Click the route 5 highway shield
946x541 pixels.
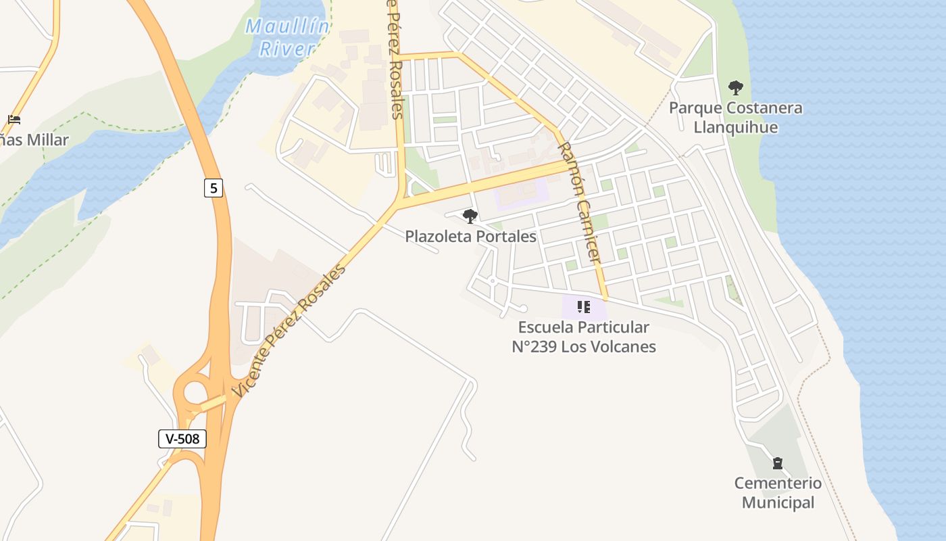pyautogui.click(x=214, y=188)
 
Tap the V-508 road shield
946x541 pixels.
pyautogui.click(x=182, y=438)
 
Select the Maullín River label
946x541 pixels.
pyautogui.click(x=287, y=37)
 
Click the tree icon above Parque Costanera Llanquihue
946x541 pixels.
pyautogui.click(x=735, y=87)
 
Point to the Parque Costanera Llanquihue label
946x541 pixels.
pyautogui.click(x=735, y=118)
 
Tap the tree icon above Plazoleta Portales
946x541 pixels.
pyautogui.click(x=470, y=216)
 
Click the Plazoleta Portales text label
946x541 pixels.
pyautogui.click(x=470, y=236)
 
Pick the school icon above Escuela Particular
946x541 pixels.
pyautogui.click(x=584, y=308)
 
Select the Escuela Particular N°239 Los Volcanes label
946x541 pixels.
pyautogui.click(x=583, y=337)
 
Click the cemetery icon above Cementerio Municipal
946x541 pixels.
pyautogui.click(x=778, y=463)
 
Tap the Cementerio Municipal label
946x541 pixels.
pyautogui.click(x=778, y=493)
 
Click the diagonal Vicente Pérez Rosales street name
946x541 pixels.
pyautogui.click(x=289, y=330)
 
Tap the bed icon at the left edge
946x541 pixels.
pyautogui.click(x=14, y=120)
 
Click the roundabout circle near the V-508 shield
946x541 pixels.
pyautogui.click(x=195, y=392)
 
